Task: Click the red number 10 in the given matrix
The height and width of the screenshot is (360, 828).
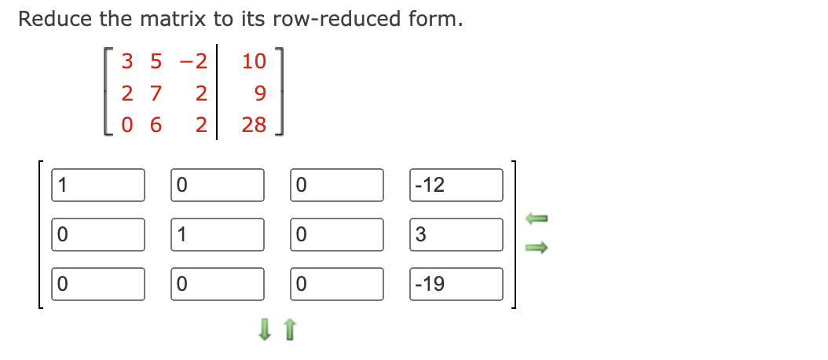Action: tap(254, 61)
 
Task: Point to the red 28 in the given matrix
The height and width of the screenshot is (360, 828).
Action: tap(254, 124)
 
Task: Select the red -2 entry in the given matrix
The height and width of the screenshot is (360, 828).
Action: tap(194, 61)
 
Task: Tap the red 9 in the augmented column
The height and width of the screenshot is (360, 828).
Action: tap(260, 94)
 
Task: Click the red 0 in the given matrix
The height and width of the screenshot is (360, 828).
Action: tap(128, 124)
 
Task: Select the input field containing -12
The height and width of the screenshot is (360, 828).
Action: tap(456, 185)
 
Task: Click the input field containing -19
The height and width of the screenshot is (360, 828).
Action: tap(456, 284)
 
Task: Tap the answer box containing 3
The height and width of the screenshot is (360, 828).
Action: tap(456, 234)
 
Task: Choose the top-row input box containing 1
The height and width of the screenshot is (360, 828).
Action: tap(99, 185)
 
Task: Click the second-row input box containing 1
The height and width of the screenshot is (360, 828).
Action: tap(218, 234)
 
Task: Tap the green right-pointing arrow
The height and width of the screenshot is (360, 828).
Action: tap(535, 248)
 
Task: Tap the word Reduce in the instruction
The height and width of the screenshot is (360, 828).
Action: tap(50, 19)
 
